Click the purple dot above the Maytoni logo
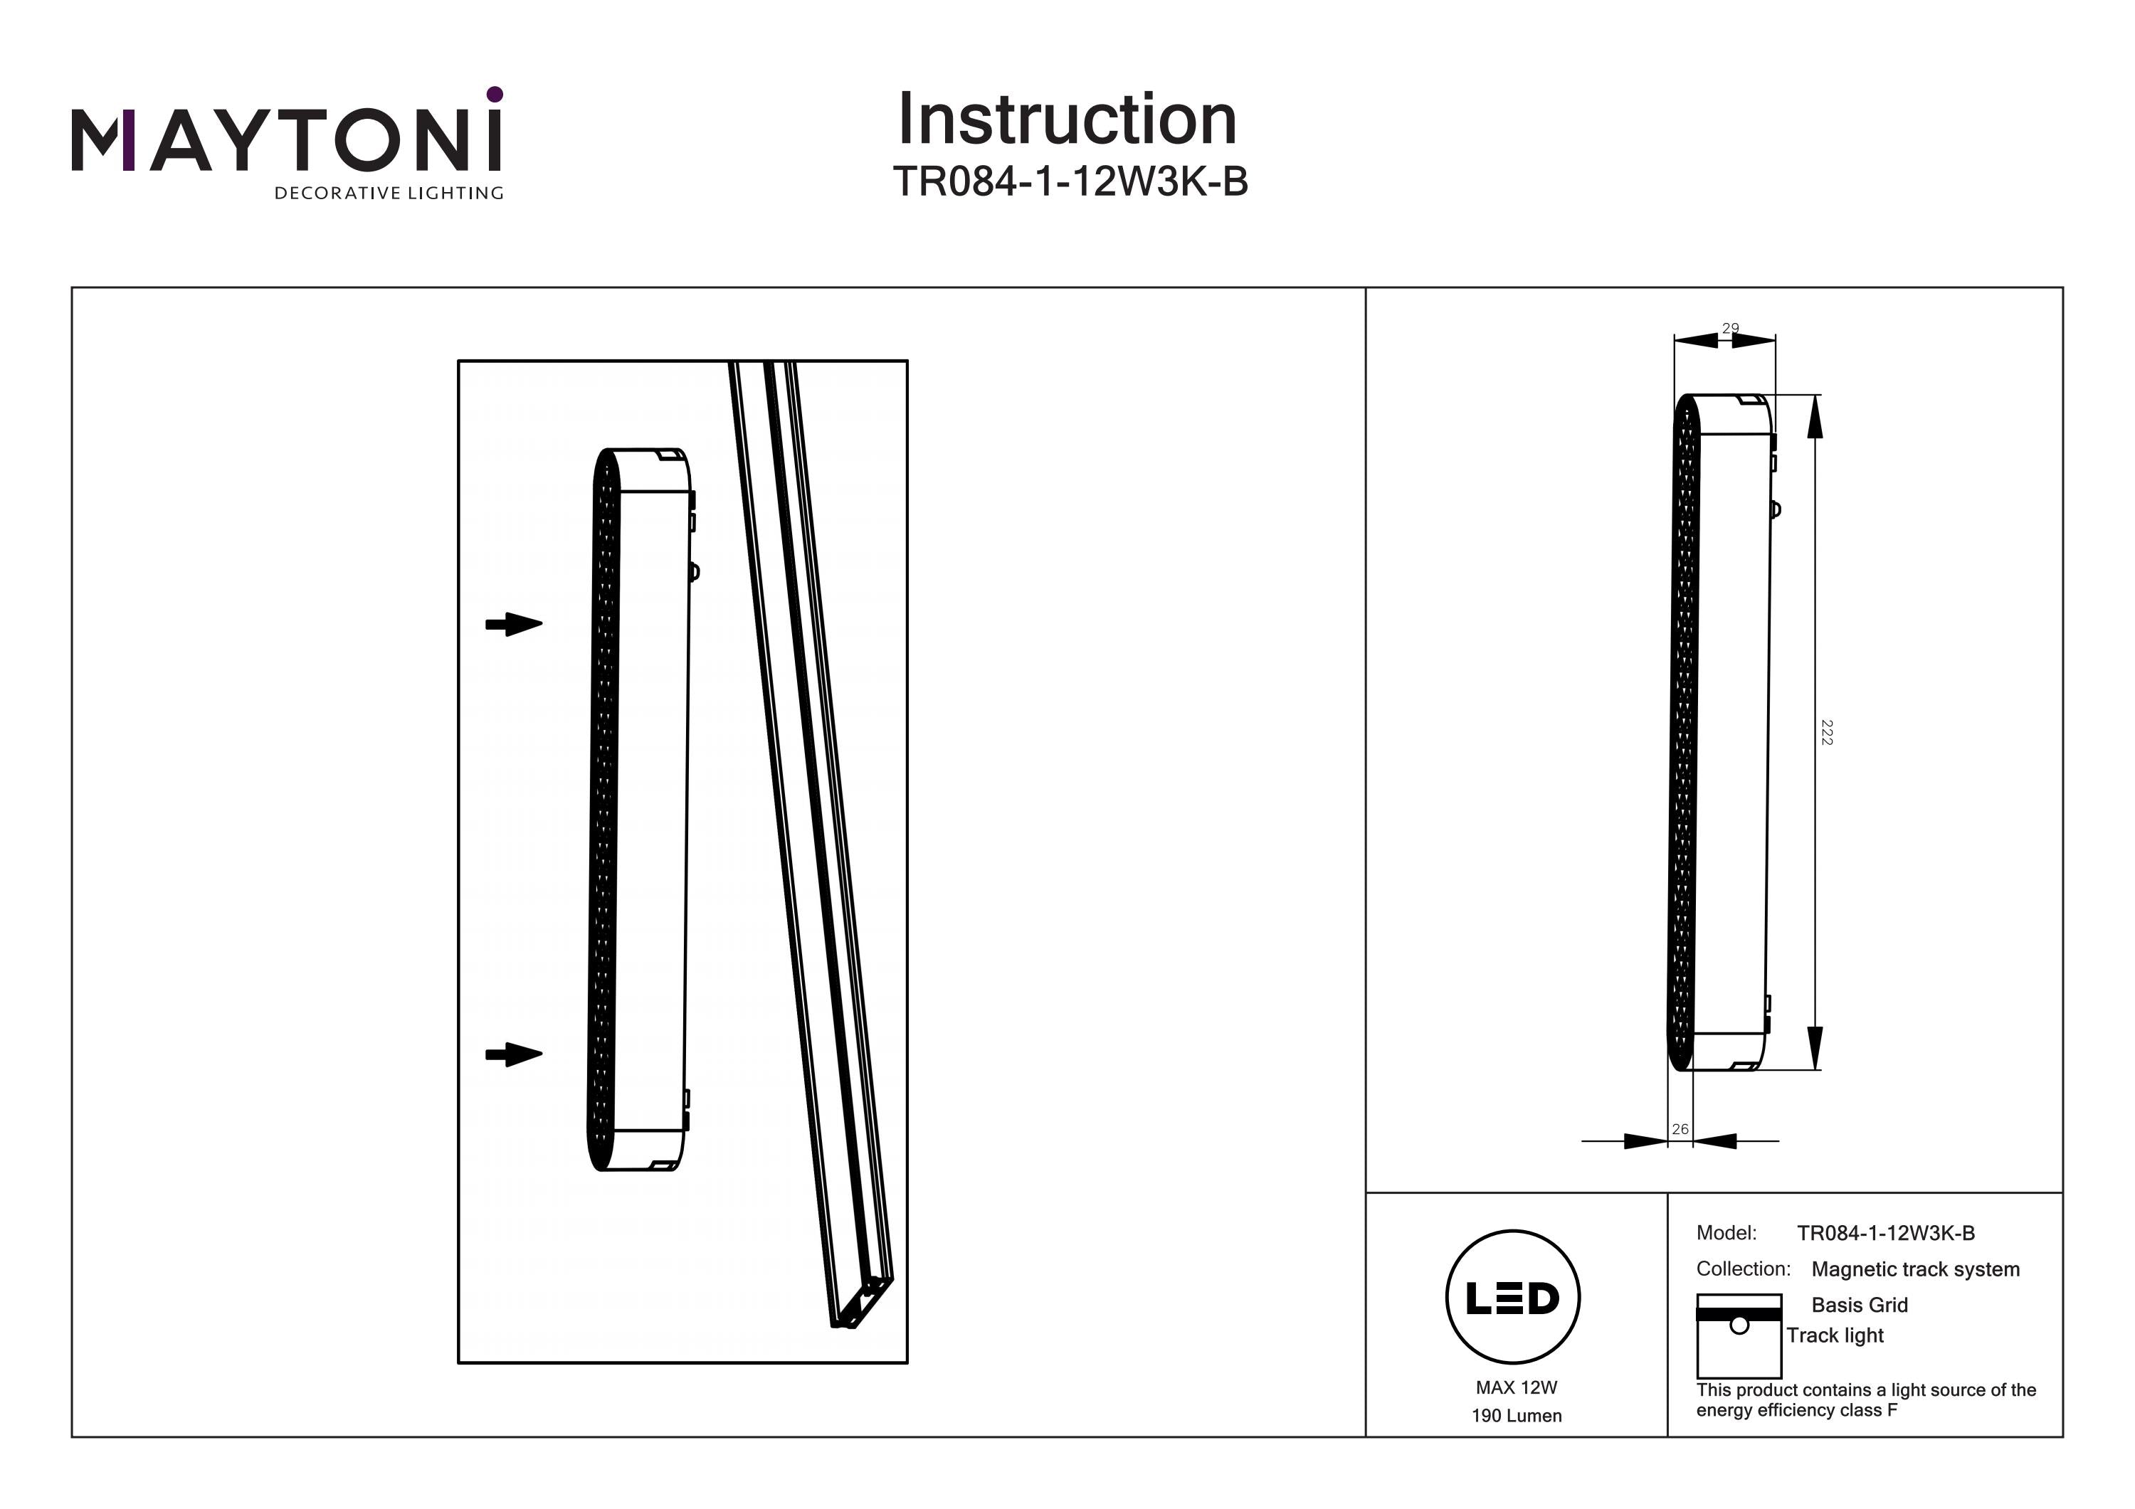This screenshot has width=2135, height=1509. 495,94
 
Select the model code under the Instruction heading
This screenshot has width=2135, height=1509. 1070,182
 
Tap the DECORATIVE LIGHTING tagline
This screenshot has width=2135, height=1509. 388,194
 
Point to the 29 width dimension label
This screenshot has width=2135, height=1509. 1729,328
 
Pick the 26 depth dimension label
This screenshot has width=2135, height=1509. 1680,1129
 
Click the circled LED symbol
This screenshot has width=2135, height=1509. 1513,1298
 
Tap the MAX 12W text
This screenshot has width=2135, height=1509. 1516,1387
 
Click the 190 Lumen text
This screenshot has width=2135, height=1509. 1516,1416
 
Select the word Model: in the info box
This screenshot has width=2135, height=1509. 1726,1233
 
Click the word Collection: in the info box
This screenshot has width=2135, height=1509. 1743,1269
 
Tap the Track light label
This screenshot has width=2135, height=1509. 1834,1335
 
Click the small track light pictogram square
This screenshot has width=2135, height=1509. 1738,1335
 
